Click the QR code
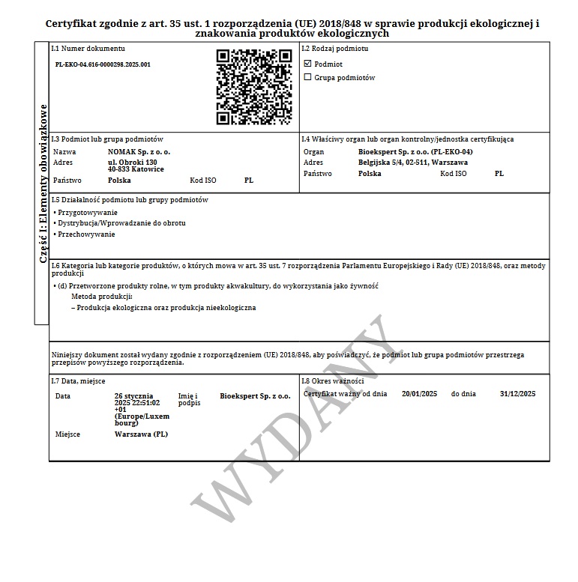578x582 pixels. pos(253,87)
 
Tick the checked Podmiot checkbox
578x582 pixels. pos(307,64)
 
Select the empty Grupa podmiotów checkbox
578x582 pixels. pos(307,77)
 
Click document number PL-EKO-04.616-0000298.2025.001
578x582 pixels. pos(103,64)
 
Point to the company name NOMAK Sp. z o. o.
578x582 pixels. pos(139,152)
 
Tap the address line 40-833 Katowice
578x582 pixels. pos(136,169)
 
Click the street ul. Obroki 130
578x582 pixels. pos(133,162)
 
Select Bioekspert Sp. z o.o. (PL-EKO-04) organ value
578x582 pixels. pos(415,152)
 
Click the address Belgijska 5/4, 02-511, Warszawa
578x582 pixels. pos(413,162)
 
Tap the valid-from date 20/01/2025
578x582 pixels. pos(419,393)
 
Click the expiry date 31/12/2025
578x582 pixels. pos(517,393)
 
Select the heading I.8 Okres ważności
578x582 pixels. pos(332,381)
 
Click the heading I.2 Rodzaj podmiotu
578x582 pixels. pos(334,49)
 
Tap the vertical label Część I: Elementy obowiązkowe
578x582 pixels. pos(43,184)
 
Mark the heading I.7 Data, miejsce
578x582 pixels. pos(78,381)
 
